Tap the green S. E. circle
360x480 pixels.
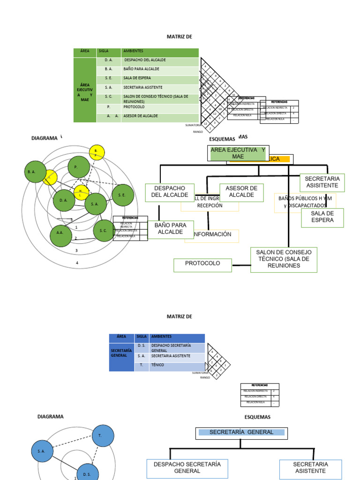pos(122,195)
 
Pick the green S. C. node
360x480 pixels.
pos(104,231)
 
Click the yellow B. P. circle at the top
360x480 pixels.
pos(97,152)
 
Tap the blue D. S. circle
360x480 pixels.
pos(87,473)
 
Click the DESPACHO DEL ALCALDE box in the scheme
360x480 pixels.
pos(169,192)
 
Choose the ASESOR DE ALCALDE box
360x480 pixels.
pos(241,192)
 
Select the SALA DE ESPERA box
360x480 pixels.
pos(322,217)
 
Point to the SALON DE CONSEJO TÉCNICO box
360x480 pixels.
pos(284,259)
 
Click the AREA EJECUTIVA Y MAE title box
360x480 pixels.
pos(238,153)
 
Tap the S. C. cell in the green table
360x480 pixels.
pos(108,97)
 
